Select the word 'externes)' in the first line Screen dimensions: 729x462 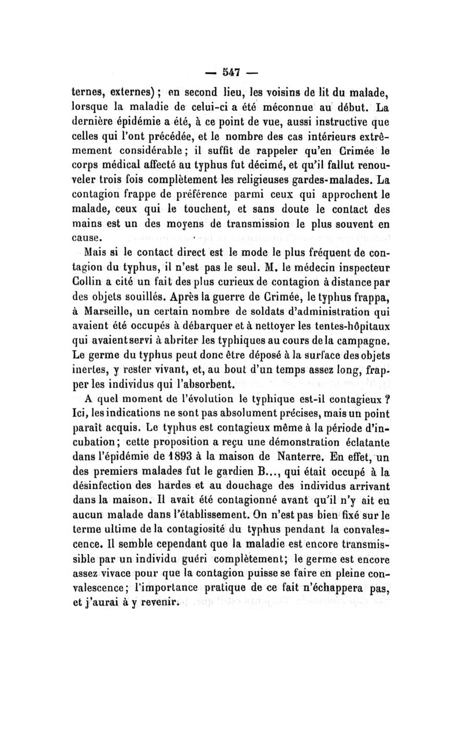coord(126,92)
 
